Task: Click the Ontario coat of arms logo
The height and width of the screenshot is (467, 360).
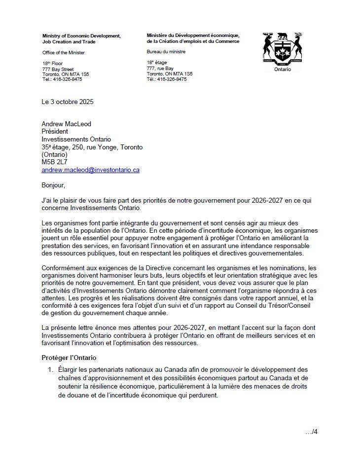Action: (x=283, y=49)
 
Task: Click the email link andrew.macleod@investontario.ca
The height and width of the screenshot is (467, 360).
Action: (x=90, y=170)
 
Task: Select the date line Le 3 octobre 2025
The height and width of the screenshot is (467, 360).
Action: (x=68, y=102)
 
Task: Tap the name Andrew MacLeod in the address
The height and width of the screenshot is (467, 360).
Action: (x=66, y=124)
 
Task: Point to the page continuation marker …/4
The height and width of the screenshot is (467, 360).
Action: (x=311, y=432)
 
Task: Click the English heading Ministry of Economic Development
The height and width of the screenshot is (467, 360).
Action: (x=81, y=36)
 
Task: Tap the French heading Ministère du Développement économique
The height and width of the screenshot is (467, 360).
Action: (x=193, y=36)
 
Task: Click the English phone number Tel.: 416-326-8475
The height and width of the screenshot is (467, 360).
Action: (x=62, y=79)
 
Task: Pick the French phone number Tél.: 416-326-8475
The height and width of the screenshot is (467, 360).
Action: (x=167, y=79)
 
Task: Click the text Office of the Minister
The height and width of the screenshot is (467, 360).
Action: (x=64, y=52)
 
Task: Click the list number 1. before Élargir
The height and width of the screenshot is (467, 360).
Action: (x=50, y=369)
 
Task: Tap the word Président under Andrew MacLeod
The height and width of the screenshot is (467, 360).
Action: (x=55, y=132)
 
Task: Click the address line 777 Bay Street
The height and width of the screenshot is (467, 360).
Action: (x=58, y=70)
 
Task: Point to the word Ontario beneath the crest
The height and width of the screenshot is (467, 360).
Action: (x=283, y=69)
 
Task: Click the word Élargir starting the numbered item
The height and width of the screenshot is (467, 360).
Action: (x=68, y=369)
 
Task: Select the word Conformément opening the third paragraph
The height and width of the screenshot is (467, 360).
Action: (x=62, y=268)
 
